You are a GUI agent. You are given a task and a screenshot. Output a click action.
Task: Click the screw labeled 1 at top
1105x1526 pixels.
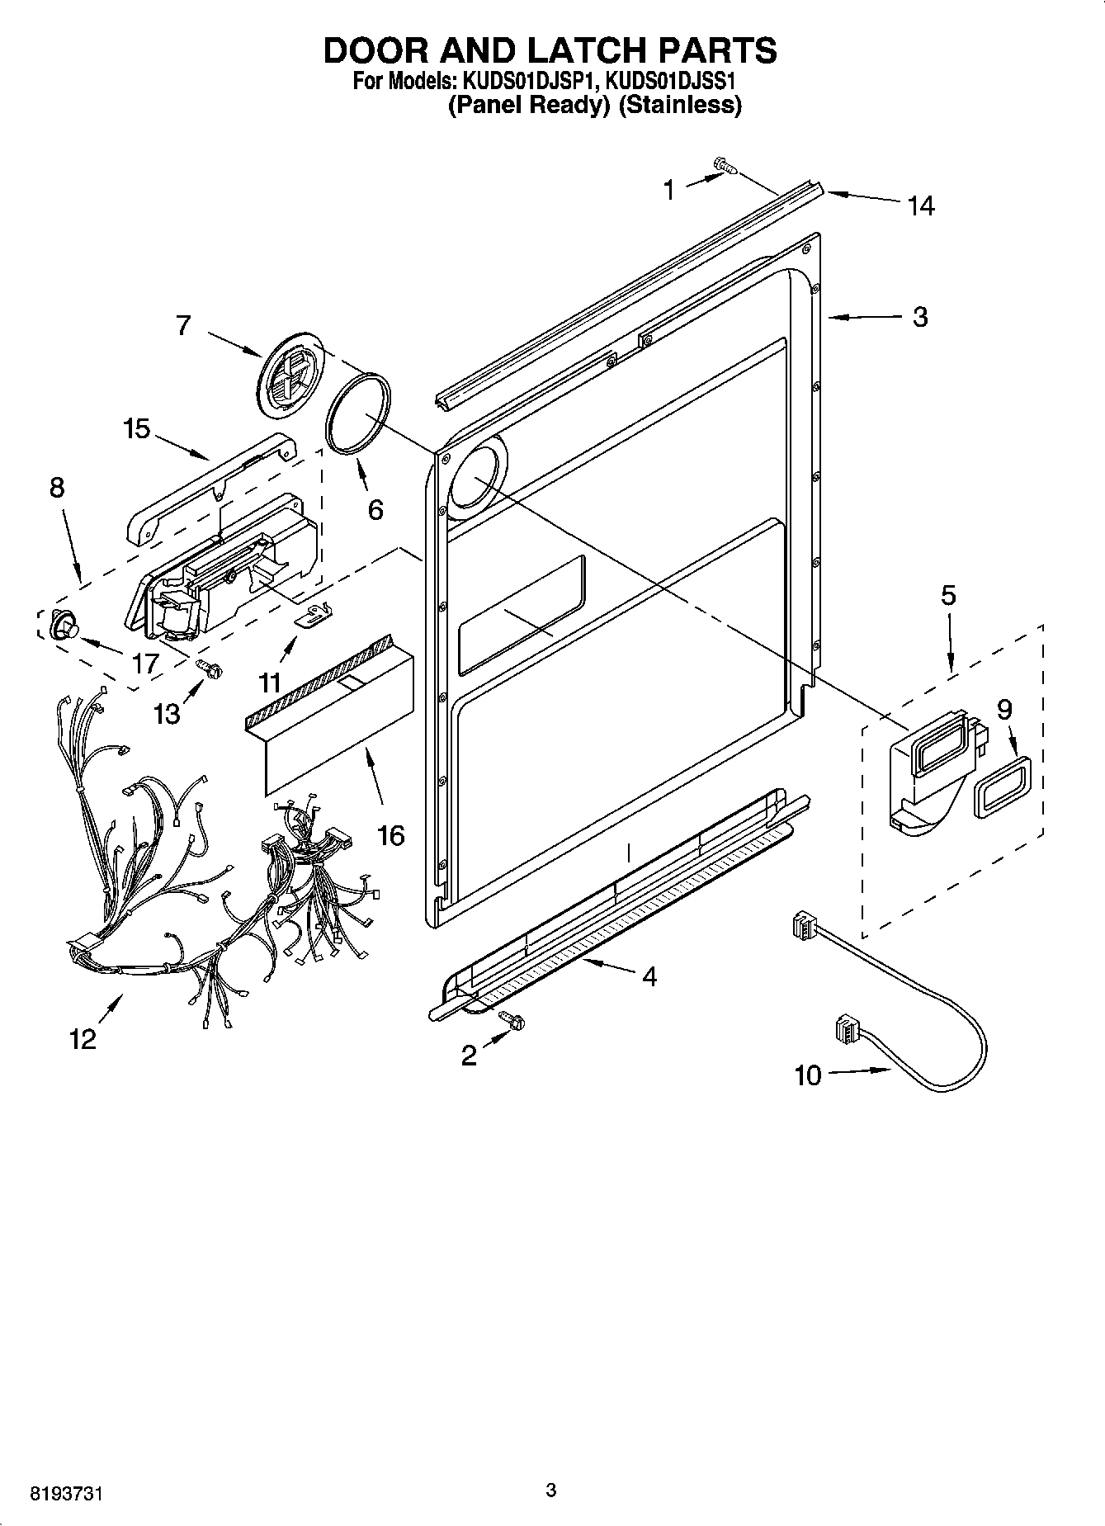click(725, 168)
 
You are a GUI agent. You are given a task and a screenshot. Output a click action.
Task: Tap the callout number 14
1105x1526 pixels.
click(920, 206)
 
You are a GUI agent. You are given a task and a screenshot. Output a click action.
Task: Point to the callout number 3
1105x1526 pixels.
click(920, 317)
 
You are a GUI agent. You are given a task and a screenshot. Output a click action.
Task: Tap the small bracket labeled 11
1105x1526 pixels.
click(314, 615)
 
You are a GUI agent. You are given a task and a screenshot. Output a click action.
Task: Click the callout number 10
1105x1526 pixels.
click(808, 1075)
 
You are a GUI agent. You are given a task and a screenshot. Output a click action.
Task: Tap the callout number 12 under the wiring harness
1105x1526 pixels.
click(83, 1039)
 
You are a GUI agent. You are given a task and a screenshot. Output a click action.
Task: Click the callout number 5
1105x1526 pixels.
click(948, 595)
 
